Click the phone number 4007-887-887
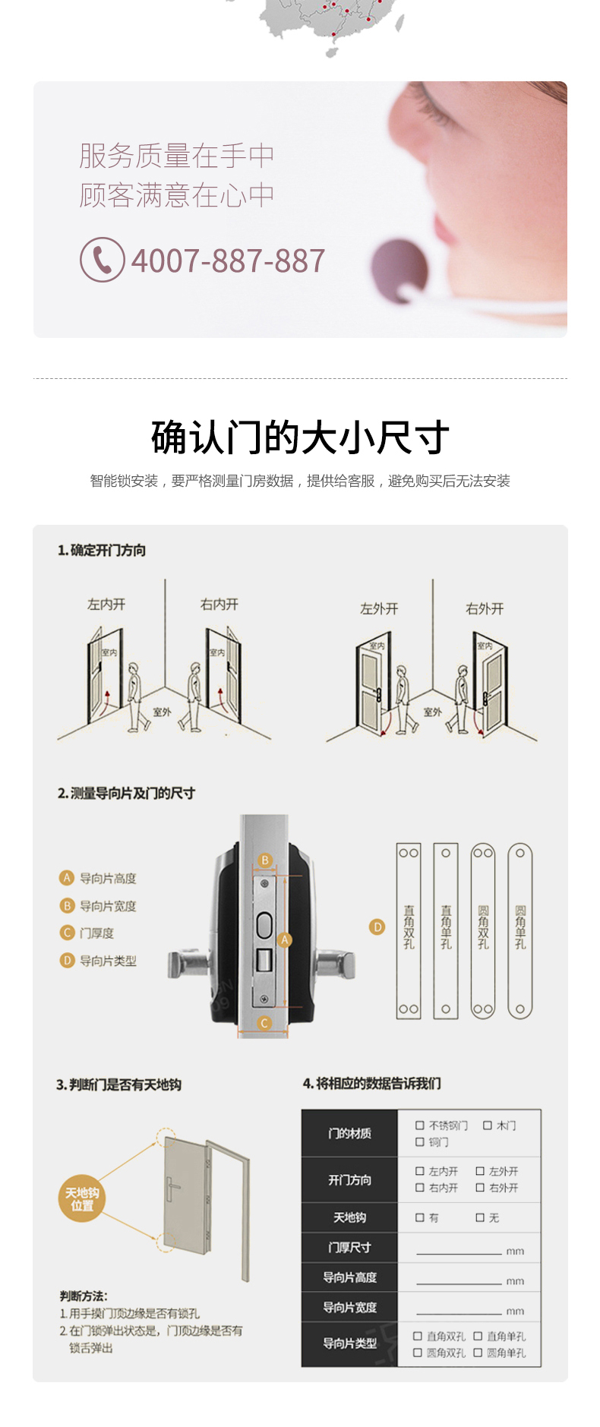tap(228, 261)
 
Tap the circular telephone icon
tap(103, 260)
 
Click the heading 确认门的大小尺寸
tap(300, 437)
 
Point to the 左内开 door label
tap(106, 605)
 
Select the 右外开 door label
tap(485, 609)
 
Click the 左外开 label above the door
tap(379, 609)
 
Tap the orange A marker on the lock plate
tap(285, 940)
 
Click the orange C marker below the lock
tap(264, 1023)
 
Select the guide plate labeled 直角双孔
tap(409, 930)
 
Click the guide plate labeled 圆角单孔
tap(520, 930)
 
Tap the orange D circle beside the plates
tap(377, 927)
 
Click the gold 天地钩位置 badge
tap(82, 1199)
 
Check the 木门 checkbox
tap(488, 1125)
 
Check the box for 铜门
tap(419, 1141)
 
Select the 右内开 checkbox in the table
tap(419, 1188)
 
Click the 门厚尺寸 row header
tap(349, 1247)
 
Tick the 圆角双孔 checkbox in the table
tap(418, 1353)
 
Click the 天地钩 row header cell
tap(349, 1217)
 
